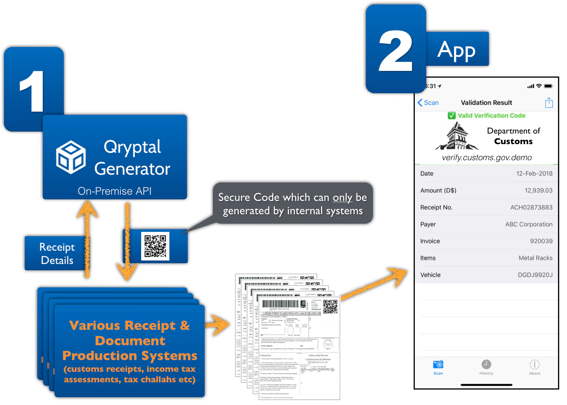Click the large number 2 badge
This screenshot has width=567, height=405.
coord(395,50)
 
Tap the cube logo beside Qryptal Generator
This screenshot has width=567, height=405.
coord(71,157)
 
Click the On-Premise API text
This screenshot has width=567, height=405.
coord(114,191)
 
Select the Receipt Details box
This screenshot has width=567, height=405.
coord(56,253)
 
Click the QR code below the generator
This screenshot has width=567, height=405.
coord(155,246)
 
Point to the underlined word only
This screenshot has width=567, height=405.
coord(342,197)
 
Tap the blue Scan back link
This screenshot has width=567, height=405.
coord(428,103)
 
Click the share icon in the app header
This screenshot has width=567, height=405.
coord(549,103)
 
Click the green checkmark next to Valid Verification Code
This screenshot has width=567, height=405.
coord(452,116)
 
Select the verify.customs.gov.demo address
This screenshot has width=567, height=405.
coord(487,157)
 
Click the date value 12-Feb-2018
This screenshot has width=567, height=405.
coord(534,174)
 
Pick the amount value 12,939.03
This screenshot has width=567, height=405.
coord(538,190)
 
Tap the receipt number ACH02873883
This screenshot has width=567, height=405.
coord(531,207)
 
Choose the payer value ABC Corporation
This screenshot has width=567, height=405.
coord(529,224)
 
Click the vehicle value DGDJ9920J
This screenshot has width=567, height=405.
coord(535,275)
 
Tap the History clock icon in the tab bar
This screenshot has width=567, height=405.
coord(486,365)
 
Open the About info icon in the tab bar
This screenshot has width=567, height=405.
coord(534,365)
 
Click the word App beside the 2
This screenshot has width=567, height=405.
coord(456,50)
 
